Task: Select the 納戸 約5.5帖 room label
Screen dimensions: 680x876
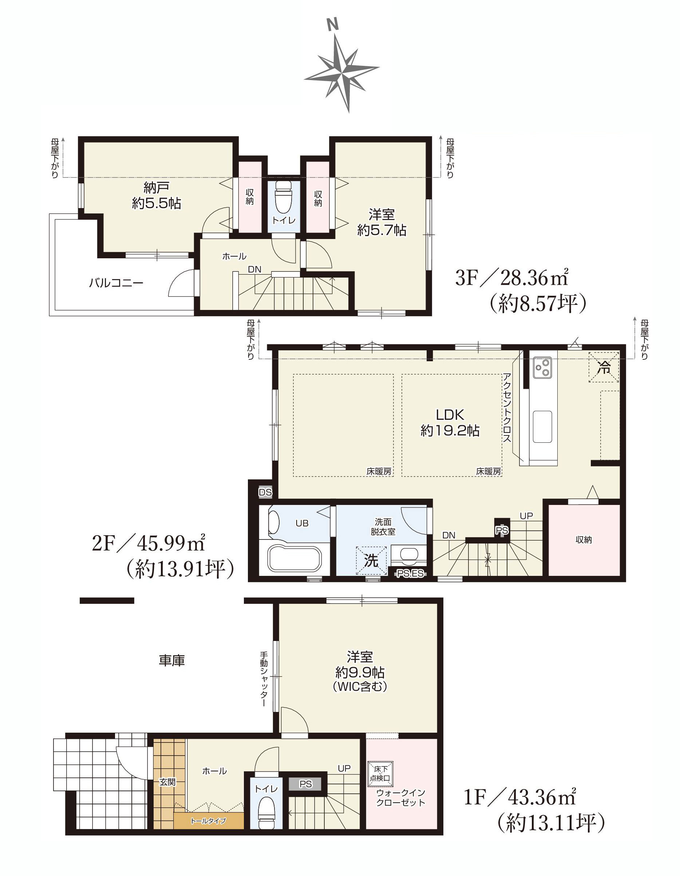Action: (157, 195)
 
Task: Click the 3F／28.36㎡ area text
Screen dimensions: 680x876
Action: (511, 278)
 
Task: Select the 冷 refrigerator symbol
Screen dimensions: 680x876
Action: (604, 367)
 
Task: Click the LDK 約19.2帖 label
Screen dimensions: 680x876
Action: (450, 423)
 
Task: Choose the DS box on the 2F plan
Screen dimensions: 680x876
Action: (265, 492)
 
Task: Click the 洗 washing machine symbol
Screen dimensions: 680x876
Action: (371, 561)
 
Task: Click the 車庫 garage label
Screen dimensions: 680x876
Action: (171, 660)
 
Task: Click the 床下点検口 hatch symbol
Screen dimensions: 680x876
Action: (380, 774)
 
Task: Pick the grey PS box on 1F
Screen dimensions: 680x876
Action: (305, 784)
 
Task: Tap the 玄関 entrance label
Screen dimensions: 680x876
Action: (167, 782)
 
